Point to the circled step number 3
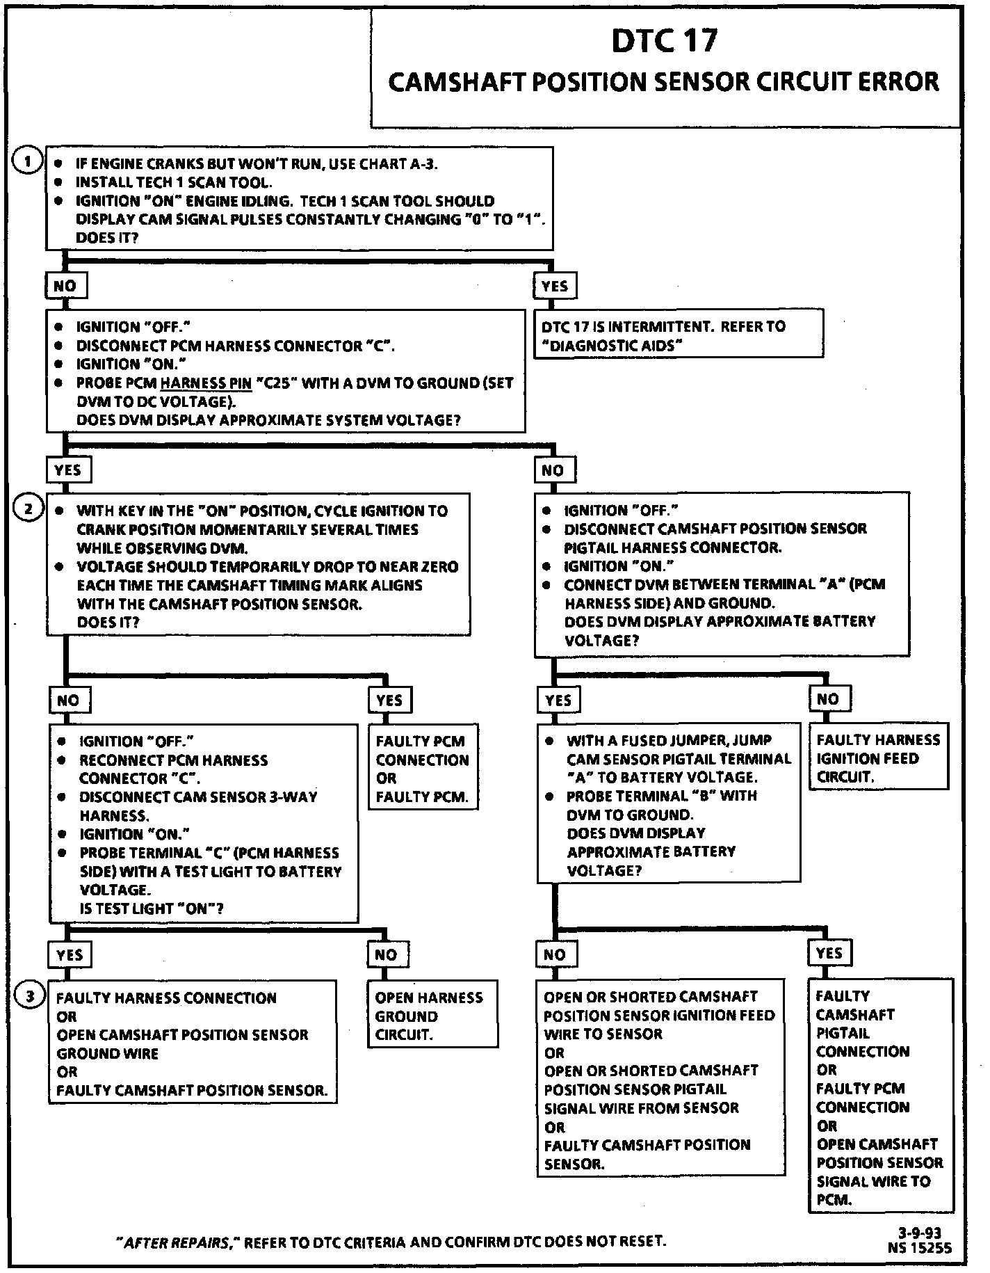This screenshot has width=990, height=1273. [x=29, y=997]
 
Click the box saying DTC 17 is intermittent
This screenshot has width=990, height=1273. [x=678, y=335]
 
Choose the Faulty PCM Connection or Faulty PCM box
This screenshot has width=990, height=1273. [x=422, y=769]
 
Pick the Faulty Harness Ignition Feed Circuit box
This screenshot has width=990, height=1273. [x=878, y=758]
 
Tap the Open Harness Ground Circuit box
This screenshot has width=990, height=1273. [x=432, y=1015]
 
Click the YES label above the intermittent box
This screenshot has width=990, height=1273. [x=554, y=286]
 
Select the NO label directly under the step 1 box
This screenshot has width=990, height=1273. [x=65, y=285]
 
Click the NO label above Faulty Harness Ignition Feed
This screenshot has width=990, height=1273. [x=827, y=698]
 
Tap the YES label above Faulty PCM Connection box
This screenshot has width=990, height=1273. [x=389, y=700]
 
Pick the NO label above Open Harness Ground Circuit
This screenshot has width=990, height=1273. [x=386, y=954]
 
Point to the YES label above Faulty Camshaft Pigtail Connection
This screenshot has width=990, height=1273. [x=829, y=953]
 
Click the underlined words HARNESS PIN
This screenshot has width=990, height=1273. [x=206, y=383]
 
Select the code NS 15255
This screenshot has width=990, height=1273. [x=919, y=1248]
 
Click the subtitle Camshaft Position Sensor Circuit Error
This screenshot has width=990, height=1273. [x=663, y=82]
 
